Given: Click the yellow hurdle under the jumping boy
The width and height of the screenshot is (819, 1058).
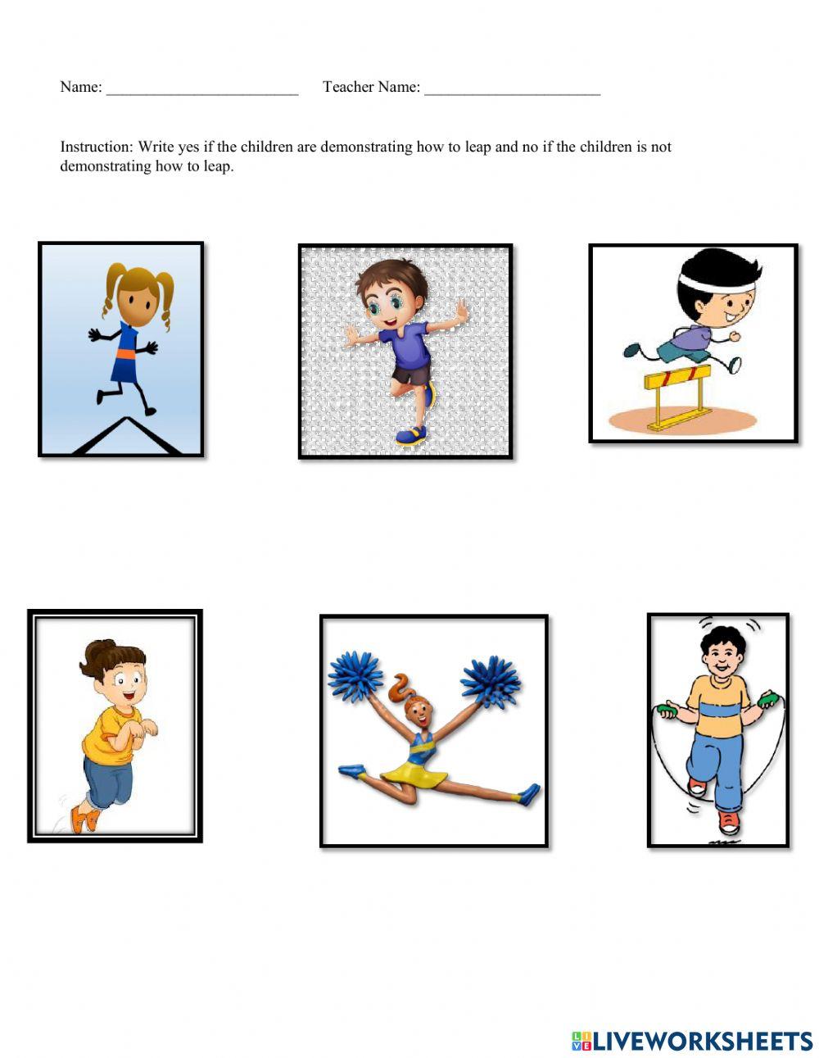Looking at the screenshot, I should point(676,379).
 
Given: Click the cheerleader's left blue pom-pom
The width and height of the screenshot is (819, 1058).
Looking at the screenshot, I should point(355,676).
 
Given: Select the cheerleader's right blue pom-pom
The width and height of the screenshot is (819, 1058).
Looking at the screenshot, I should point(490,680).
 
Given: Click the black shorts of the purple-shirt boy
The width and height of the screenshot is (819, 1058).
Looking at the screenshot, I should point(411,375).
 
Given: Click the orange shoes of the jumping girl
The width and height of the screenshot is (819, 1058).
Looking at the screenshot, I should point(82,818).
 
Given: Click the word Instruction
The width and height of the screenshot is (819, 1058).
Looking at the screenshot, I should point(96,148).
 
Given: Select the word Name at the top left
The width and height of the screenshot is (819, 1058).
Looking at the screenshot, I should point(79,87).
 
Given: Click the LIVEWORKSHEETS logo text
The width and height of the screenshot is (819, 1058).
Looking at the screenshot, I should point(702,1041).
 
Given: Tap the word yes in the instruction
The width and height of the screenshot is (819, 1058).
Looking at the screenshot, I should point(188,148).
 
